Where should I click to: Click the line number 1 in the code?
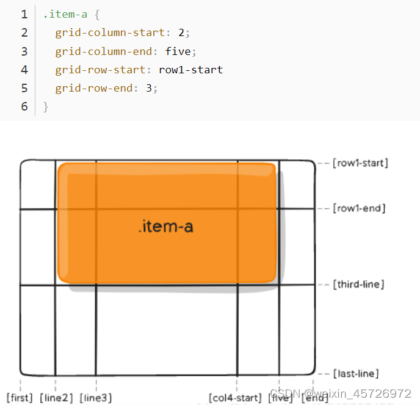click(24, 14)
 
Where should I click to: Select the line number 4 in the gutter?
click(24, 70)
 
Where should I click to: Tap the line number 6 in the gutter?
click(24, 106)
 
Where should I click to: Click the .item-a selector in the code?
click(65, 14)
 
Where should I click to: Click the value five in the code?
click(178, 51)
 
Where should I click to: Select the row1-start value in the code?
click(190, 70)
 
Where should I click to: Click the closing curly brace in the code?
click(46, 106)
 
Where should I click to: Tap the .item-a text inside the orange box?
click(165, 227)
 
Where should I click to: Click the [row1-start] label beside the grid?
click(360, 163)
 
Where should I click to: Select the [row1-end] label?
click(359, 209)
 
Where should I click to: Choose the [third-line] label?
click(359, 285)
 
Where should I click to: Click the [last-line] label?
click(356, 373)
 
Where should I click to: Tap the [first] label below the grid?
click(20, 398)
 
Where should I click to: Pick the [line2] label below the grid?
click(56, 398)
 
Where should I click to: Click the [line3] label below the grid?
click(96, 398)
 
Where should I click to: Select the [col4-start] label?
click(235, 398)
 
